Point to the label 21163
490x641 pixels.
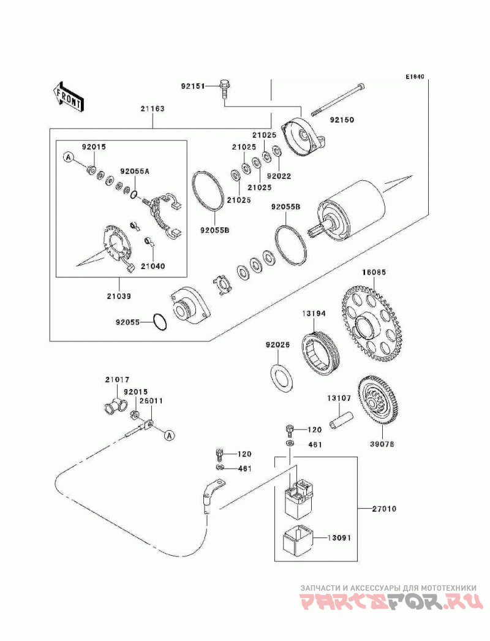tap(153, 108)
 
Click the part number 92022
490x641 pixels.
tap(279, 176)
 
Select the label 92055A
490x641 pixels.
tap(135, 172)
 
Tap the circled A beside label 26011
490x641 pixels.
tap(170, 435)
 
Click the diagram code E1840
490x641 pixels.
tap(415, 78)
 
